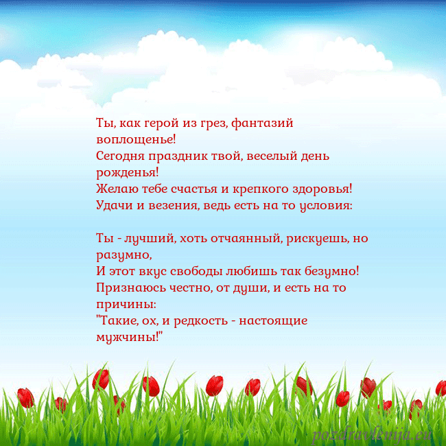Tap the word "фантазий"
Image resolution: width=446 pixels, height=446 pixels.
263,124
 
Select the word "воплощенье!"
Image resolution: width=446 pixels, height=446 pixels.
137,140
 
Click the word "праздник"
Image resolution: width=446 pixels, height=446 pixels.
178,156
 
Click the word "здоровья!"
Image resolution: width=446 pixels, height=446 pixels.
321,189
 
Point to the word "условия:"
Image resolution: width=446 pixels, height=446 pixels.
320,204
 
